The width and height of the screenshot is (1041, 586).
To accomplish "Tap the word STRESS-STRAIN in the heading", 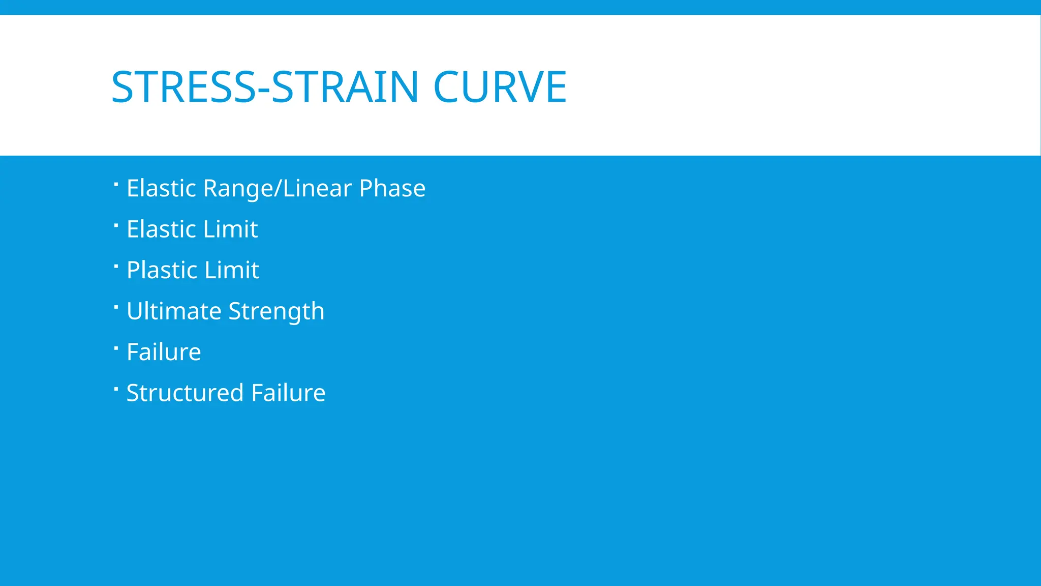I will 264,87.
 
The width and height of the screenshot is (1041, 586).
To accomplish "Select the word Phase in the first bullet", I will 392,188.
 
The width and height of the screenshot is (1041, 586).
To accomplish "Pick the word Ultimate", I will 173,311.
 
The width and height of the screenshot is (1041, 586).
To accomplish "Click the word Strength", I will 276,311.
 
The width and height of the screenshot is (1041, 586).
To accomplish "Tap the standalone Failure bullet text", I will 164,352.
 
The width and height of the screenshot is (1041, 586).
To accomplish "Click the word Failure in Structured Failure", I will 288,393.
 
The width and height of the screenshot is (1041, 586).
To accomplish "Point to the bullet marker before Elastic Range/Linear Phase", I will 116,184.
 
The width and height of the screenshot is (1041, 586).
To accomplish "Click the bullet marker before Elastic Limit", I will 116,224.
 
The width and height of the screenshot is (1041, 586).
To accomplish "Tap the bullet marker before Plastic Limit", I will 116,266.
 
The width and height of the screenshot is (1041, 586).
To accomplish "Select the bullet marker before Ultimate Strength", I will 116,307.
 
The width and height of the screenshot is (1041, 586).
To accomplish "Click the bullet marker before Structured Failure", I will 116,389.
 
